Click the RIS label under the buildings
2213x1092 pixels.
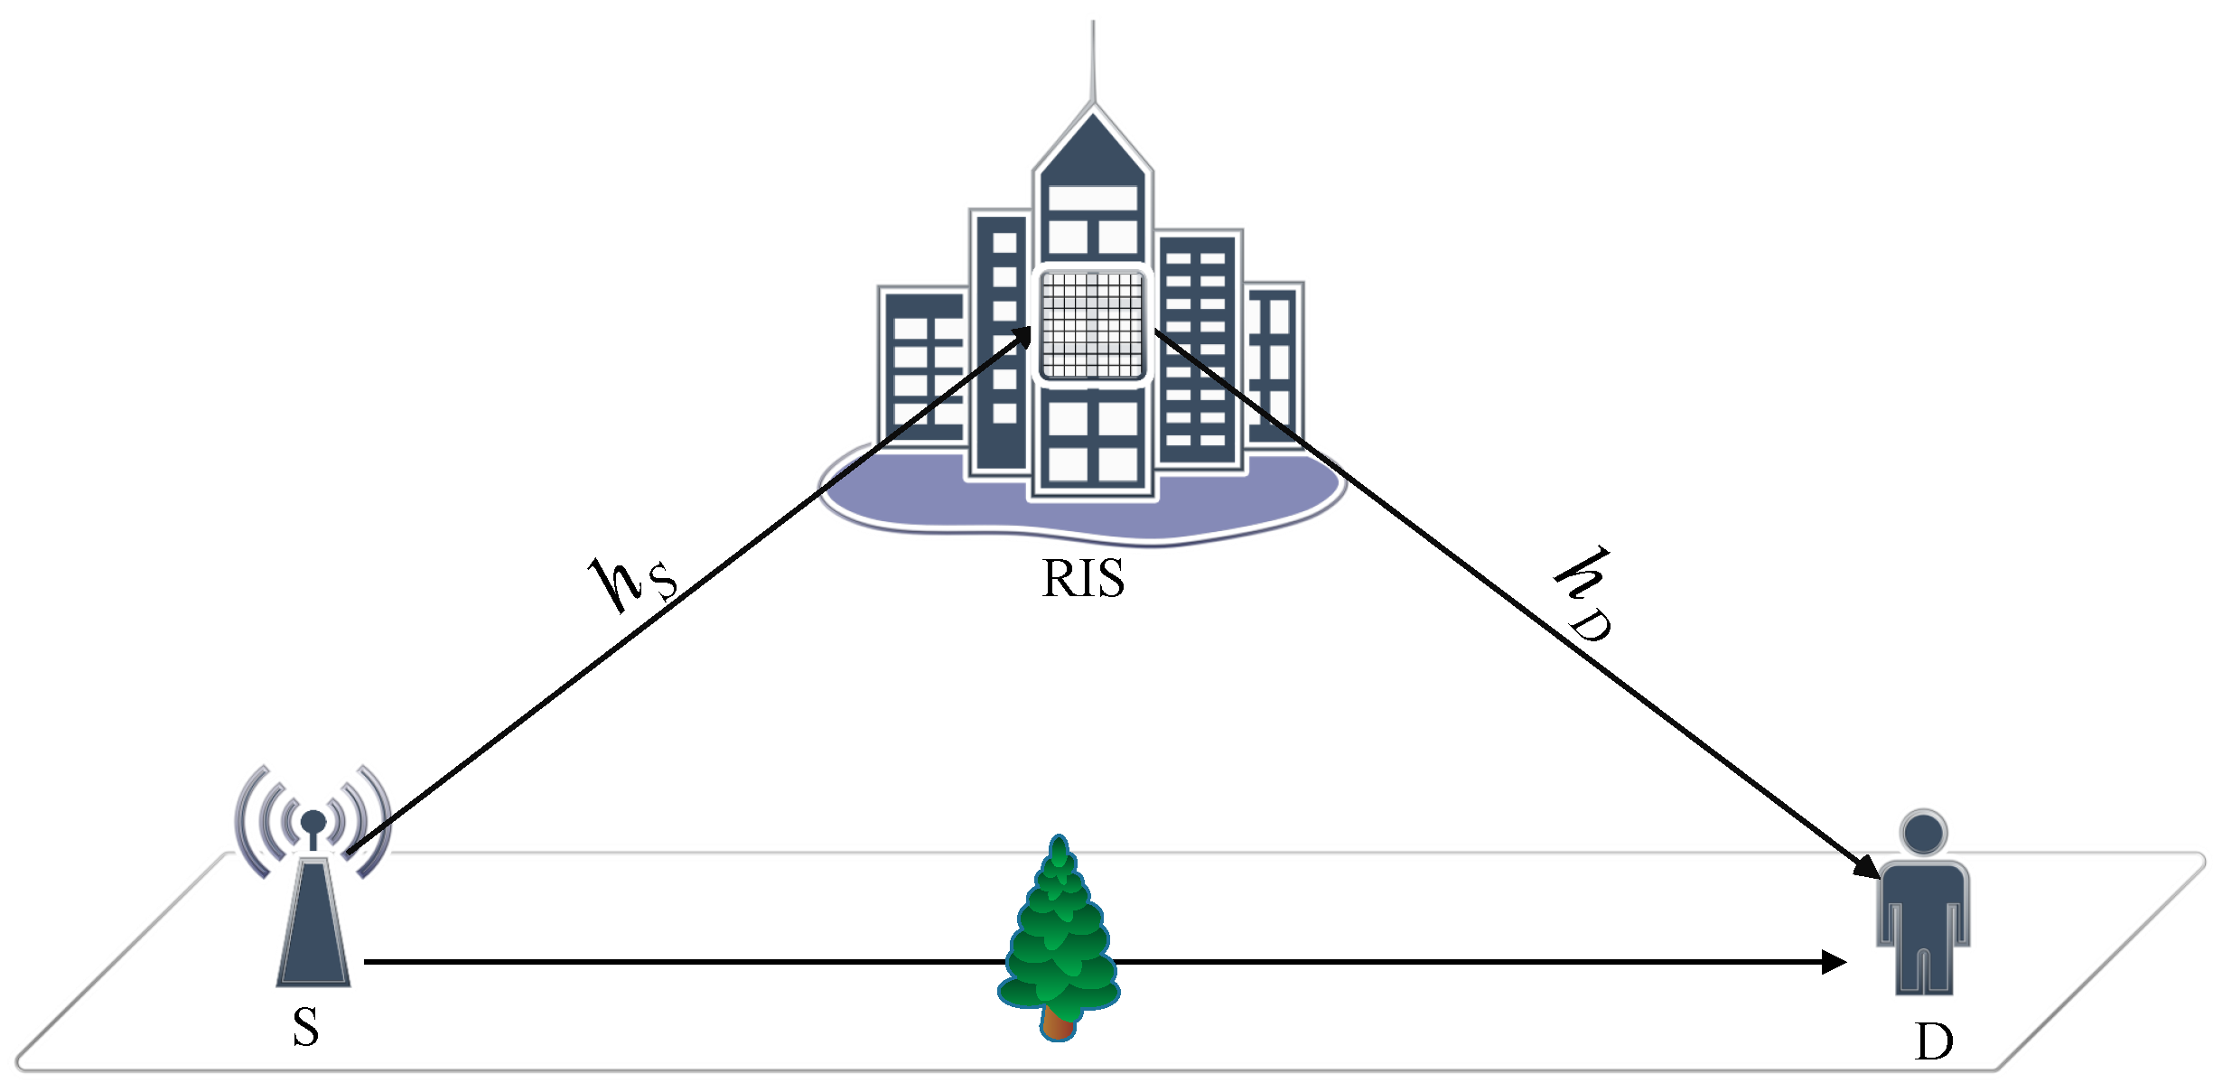[x=1083, y=579]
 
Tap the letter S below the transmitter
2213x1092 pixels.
[x=306, y=1027]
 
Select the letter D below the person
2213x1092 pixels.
[x=1933, y=1042]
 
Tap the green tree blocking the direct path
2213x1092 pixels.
[x=1060, y=939]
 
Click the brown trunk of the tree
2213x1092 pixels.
[x=1057, y=1023]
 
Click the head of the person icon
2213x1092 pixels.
[x=1923, y=833]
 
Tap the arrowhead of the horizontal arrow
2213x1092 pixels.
[x=1834, y=962]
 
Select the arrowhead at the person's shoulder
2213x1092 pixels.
[x=1869, y=868]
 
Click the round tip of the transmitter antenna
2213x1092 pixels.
[x=313, y=821]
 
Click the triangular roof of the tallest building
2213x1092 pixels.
[x=1093, y=145]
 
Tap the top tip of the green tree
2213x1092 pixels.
[x=1060, y=840]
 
